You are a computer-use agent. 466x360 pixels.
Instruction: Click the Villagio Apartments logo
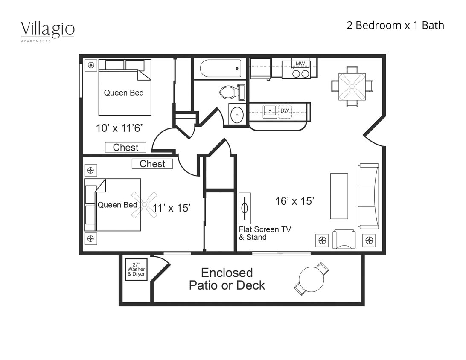(48, 31)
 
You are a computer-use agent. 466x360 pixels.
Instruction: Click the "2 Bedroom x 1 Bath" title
(395, 26)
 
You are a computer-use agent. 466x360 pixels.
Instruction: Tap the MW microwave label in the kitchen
(300, 64)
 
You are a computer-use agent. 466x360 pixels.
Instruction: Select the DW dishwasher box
(285, 111)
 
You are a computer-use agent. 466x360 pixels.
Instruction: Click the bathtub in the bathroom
(220, 68)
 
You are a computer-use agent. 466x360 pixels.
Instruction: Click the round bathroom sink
(237, 115)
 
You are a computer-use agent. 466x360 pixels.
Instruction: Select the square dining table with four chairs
(352, 87)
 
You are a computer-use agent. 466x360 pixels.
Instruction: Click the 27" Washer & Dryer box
(136, 270)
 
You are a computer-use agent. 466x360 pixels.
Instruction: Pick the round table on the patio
(312, 279)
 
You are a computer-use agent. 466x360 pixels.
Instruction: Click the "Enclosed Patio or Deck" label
(227, 279)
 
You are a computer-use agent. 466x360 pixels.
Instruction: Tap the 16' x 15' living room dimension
(295, 201)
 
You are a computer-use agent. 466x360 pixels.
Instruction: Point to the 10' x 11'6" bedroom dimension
(119, 128)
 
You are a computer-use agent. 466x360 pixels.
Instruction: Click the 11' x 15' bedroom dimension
(172, 208)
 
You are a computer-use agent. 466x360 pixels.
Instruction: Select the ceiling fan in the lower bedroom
(144, 205)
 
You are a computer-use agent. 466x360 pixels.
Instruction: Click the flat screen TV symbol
(245, 208)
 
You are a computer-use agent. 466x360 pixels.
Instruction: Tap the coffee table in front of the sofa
(339, 196)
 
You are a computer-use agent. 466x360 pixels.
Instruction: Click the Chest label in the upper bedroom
(125, 148)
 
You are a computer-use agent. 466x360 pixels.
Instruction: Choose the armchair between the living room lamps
(344, 239)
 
